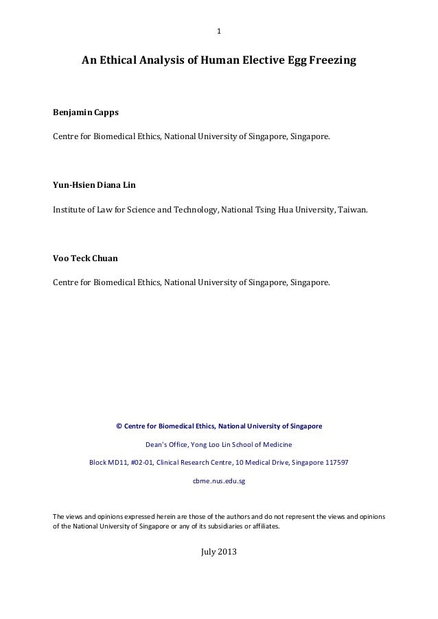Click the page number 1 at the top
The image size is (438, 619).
pyautogui.click(x=218, y=31)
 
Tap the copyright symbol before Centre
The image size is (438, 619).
pyautogui.click(x=119, y=426)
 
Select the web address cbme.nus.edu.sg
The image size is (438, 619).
pyautogui.click(x=218, y=481)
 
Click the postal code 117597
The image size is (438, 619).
pyautogui.click(x=334, y=463)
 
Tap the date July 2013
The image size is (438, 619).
pyautogui.click(x=218, y=552)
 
